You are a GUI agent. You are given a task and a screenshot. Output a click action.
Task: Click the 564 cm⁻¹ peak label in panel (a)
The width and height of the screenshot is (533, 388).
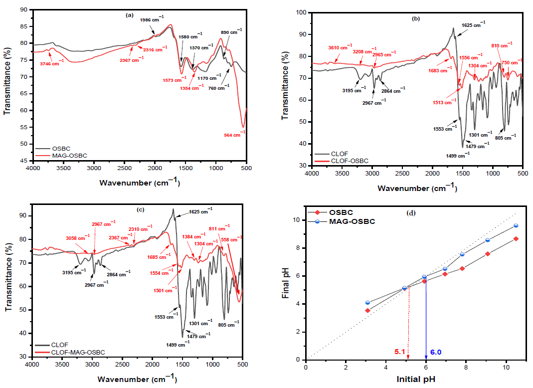[x=235, y=133]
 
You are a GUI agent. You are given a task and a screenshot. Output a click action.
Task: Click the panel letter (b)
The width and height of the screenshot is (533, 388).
[x=416, y=18]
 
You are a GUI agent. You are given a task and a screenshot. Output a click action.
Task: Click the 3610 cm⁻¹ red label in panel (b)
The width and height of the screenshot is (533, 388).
[x=341, y=48]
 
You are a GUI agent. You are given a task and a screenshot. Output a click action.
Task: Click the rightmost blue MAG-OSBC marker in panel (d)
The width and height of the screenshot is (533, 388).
[x=516, y=226]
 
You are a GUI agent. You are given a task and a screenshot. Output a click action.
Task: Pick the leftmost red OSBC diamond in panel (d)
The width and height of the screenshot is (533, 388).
[x=367, y=311]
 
